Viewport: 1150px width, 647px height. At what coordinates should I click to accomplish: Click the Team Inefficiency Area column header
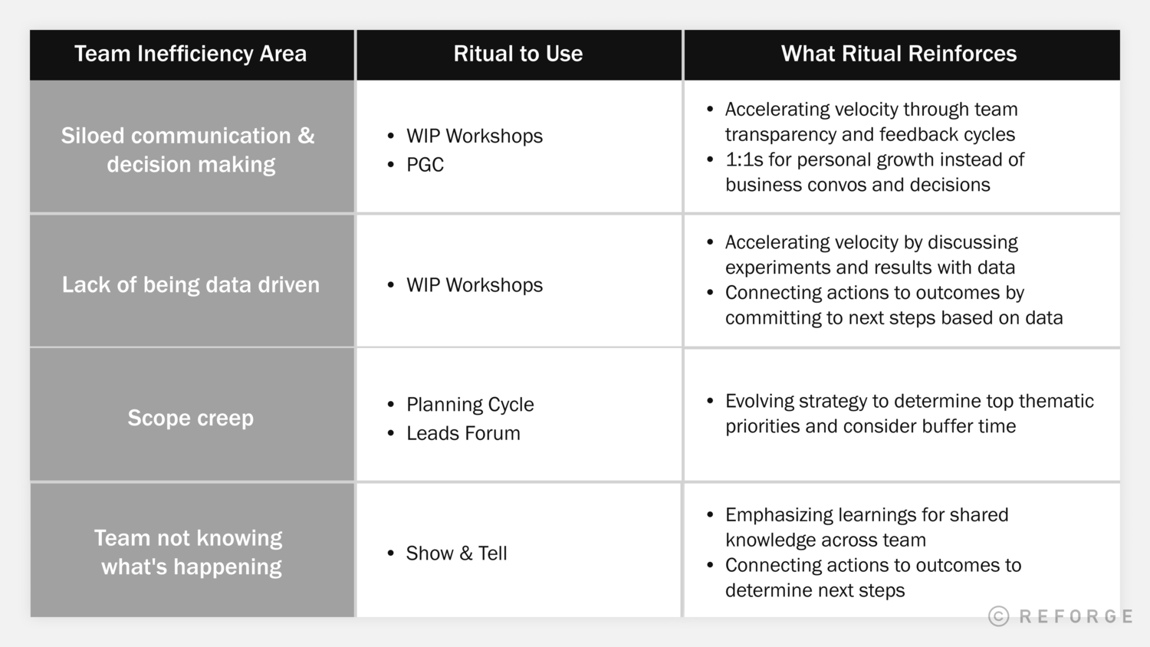point(190,54)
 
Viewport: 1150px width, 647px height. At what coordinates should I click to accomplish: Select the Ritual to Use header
point(517,54)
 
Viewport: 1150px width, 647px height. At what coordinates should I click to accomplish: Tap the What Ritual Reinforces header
point(899,54)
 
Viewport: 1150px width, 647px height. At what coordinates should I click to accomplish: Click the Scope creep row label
point(190,418)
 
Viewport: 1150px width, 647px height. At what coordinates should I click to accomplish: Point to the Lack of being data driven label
point(190,284)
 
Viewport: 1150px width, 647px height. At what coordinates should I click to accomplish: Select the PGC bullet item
point(425,165)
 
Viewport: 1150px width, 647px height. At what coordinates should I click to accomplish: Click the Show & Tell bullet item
point(456,553)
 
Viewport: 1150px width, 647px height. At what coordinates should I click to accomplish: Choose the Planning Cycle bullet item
point(469,404)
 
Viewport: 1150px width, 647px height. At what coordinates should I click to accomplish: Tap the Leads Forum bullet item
point(463,433)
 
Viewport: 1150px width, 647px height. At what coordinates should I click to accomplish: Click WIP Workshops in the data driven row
point(474,285)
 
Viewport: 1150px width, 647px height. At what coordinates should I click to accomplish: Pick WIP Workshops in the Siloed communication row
point(474,136)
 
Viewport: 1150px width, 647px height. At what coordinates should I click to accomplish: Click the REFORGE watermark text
point(1076,616)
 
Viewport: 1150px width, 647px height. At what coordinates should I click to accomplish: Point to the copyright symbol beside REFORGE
point(998,616)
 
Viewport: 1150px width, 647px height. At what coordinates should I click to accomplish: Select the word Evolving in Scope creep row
point(760,401)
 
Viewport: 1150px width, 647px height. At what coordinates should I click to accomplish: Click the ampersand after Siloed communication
point(306,136)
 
